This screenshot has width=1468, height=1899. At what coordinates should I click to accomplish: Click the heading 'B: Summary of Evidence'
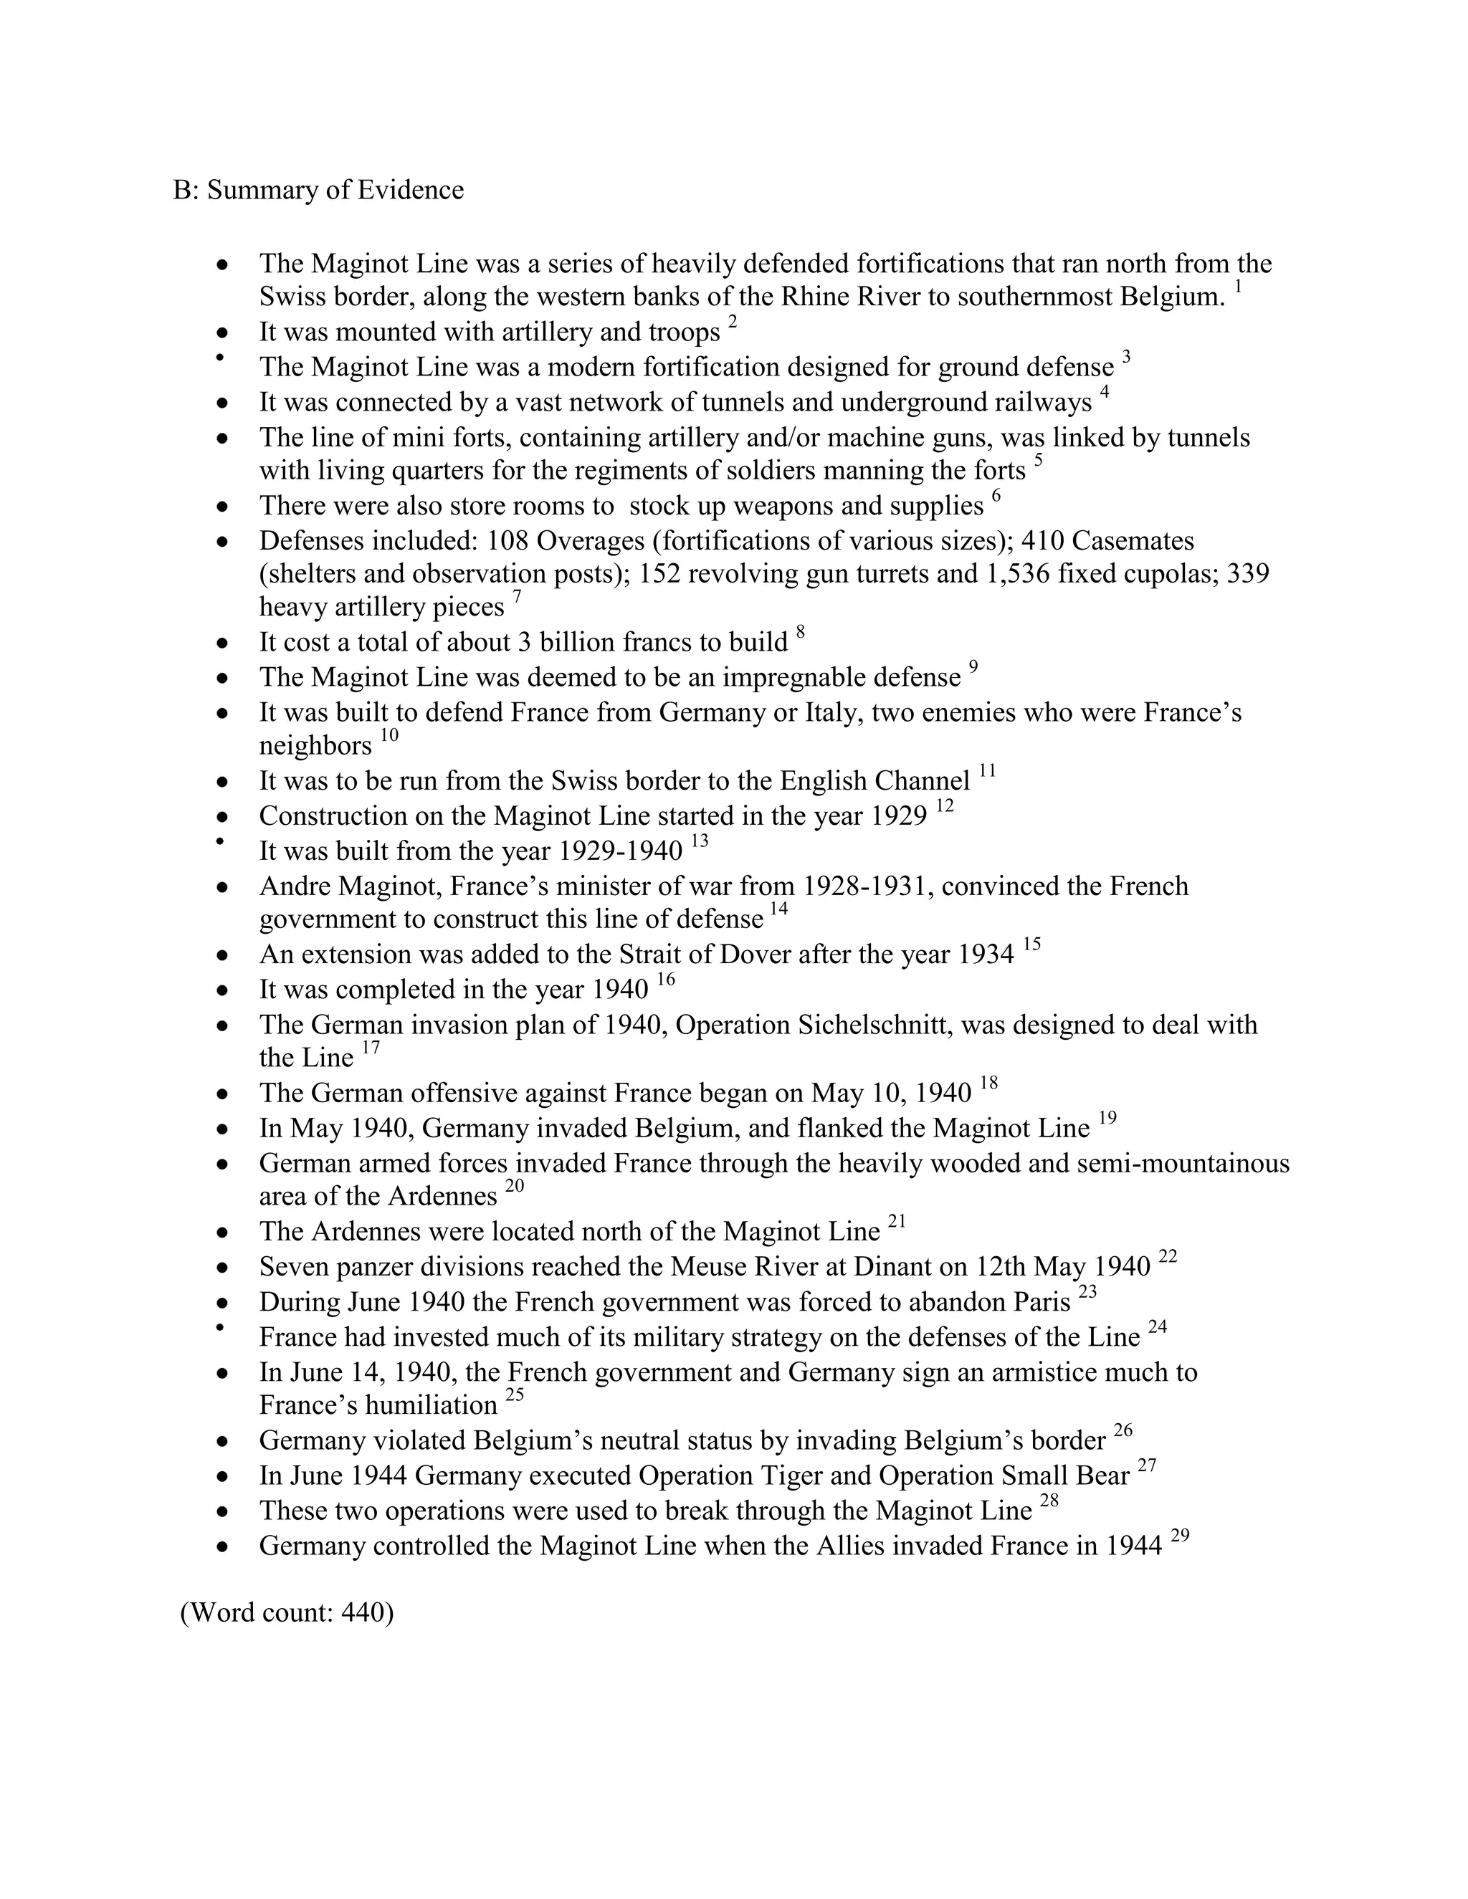318,191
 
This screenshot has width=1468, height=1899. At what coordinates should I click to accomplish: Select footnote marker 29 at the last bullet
1179,1536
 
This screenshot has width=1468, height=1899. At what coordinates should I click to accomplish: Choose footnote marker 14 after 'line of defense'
778,910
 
